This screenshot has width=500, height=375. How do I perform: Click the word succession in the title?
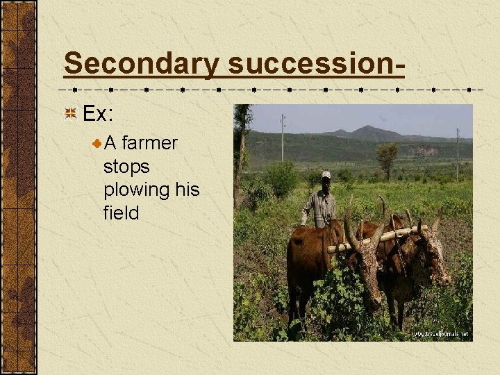click(x=311, y=64)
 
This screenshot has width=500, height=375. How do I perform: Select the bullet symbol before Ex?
click(x=70, y=113)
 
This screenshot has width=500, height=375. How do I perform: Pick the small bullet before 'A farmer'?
click(x=97, y=144)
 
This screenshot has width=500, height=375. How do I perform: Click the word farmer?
click(x=149, y=143)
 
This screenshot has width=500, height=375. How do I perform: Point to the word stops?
click(x=126, y=167)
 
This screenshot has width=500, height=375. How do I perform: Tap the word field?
click(x=121, y=212)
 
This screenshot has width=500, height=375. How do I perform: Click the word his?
click(x=187, y=190)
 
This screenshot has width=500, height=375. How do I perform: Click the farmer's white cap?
click(x=326, y=175)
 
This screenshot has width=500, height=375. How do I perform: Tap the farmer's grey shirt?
click(x=320, y=207)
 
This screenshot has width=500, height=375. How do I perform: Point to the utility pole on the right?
click(x=458, y=153)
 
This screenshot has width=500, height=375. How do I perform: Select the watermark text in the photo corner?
click(x=442, y=334)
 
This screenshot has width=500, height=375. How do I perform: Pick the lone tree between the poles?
click(x=387, y=156)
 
